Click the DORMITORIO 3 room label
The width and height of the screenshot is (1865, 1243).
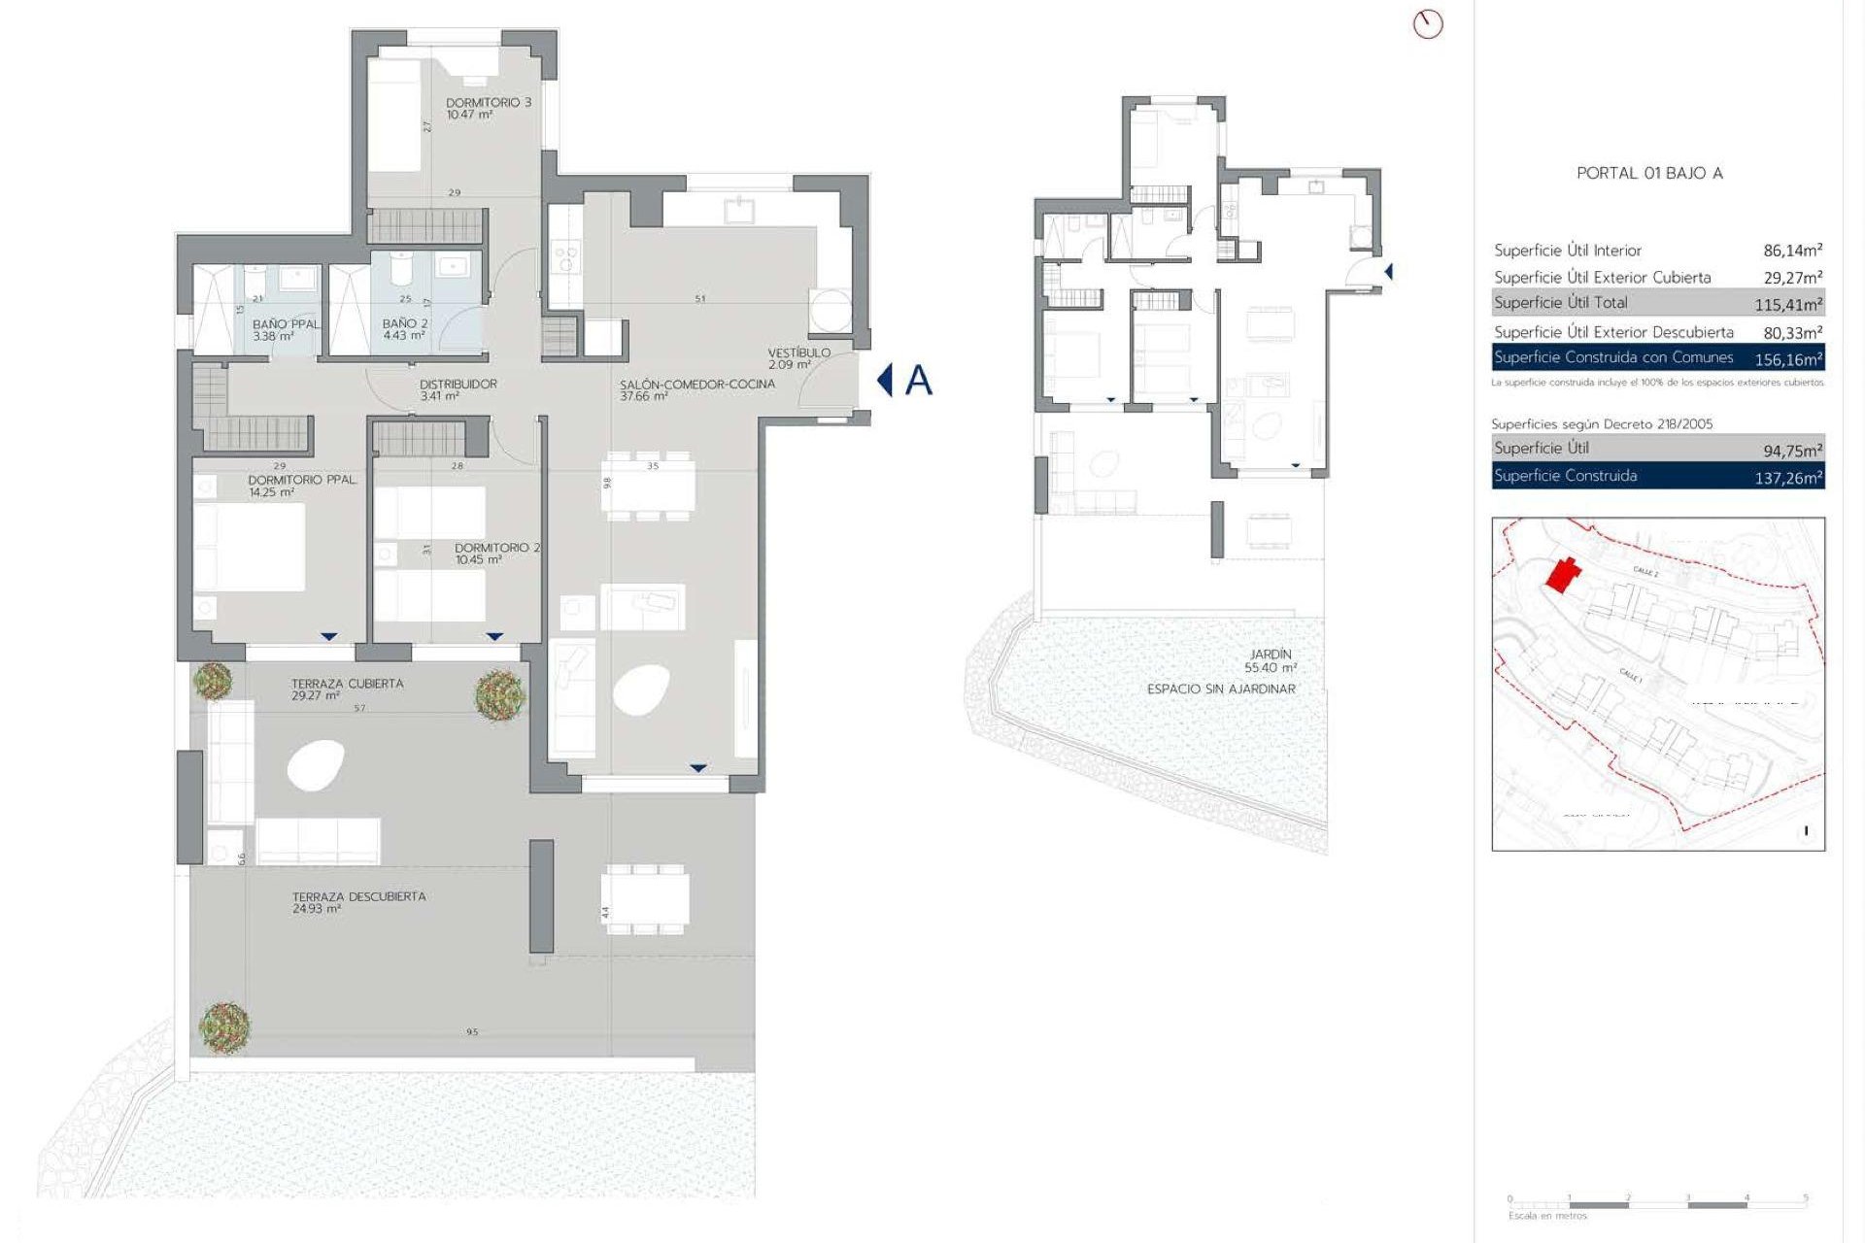point(488,103)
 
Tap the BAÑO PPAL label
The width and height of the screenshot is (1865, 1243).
point(286,324)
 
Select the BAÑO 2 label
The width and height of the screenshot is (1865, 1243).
point(404,323)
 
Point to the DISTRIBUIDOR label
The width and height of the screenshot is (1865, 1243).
point(458,385)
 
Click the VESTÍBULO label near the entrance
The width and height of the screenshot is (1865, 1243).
point(798,353)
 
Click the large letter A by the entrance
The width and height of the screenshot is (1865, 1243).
point(918,381)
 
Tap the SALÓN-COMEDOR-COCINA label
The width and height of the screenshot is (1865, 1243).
point(696,385)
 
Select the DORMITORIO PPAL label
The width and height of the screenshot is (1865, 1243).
point(301,481)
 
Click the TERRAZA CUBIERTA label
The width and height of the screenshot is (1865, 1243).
point(347,684)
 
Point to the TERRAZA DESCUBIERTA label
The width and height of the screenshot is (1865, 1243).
point(358,896)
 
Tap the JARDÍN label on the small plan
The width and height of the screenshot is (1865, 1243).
point(1270,655)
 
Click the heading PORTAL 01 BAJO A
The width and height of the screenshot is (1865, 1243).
point(1648,173)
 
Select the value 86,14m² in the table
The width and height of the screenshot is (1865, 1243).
point(1792,251)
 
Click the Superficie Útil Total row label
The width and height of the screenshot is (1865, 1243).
point(1560,303)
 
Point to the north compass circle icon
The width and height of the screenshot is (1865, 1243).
point(1427,24)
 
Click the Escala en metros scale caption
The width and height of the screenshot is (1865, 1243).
point(1547,1216)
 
